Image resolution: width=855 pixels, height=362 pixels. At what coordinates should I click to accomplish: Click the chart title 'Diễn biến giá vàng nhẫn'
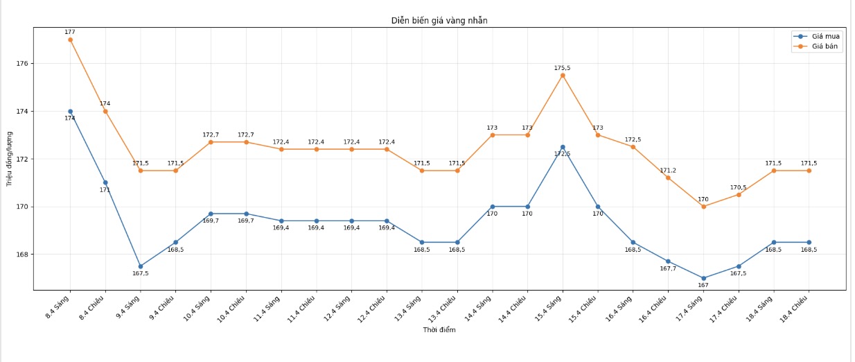(x=439, y=21)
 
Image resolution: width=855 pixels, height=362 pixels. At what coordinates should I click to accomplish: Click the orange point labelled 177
(x=70, y=40)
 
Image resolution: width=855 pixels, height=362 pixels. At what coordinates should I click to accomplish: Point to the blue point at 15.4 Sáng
(x=563, y=147)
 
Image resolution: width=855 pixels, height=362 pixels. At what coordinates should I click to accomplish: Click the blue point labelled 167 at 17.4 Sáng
(x=703, y=278)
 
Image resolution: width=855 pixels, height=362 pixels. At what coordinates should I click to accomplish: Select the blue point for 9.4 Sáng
(x=141, y=266)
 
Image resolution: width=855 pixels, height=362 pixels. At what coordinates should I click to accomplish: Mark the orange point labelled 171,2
(x=668, y=178)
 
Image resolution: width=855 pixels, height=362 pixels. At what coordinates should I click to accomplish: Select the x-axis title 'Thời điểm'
(x=439, y=330)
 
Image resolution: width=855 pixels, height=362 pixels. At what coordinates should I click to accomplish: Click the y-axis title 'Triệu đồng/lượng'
(x=10, y=158)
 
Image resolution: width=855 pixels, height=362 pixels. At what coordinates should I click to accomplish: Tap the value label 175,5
(x=563, y=68)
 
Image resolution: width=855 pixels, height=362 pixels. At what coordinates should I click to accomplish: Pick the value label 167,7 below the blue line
(x=668, y=268)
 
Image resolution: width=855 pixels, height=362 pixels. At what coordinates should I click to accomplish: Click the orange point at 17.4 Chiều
(x=739, y=194)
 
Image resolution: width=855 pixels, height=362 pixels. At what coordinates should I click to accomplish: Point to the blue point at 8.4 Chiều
(x=105, y=182)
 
